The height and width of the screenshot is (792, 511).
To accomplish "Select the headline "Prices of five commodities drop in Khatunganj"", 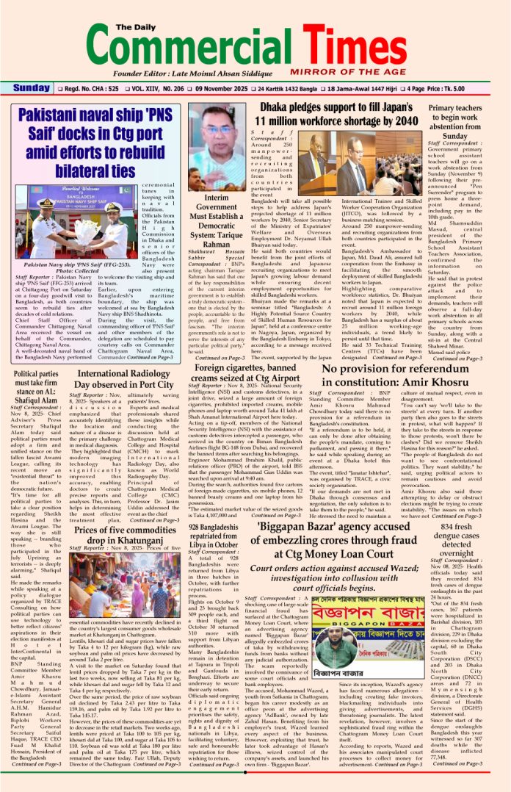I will [x=125, y=536].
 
